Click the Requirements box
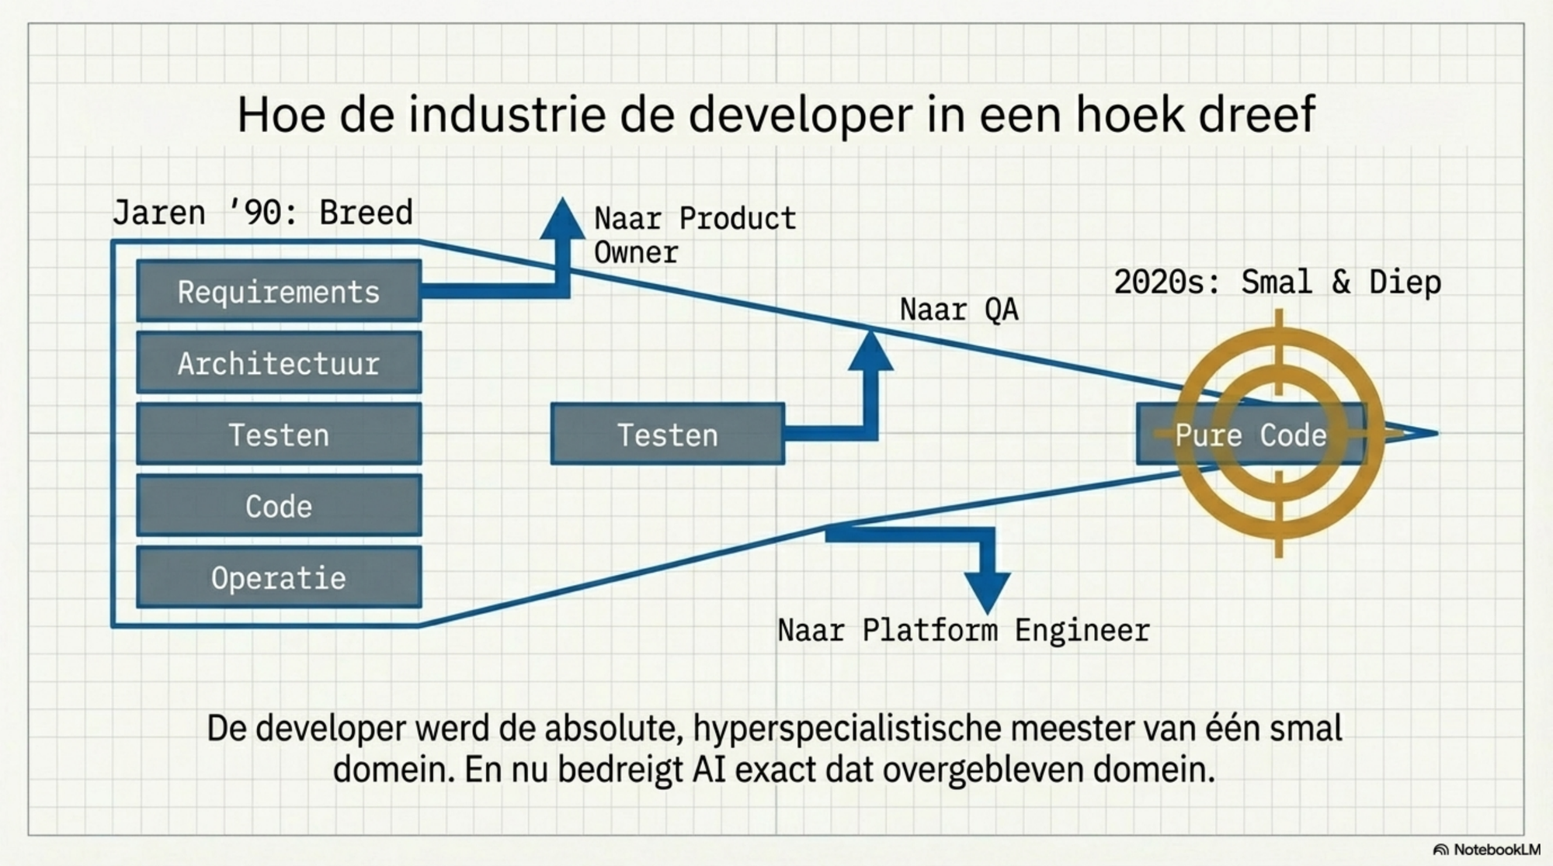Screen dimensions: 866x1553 click(x=279, y=292)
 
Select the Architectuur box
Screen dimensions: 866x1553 click(x=279, y=363)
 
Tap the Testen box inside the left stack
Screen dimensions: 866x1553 click(x=279, y=435)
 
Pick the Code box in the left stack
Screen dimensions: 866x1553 click(x=279, y=506)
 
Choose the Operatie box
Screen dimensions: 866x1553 click(x=279, y=577)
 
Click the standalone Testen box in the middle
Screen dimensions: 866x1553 click(x=667, y=435)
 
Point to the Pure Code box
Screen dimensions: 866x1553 click(x=1250, y=435)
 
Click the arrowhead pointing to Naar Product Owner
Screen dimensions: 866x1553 click(x=562, y=219)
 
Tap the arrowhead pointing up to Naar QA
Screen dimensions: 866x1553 click(x=870, y=352)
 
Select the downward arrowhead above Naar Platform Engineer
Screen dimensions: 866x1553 click(x=987, y=591)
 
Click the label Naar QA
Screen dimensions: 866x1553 click(x=959, y=310)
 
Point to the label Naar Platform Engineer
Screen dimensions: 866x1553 click(x=963, y=630)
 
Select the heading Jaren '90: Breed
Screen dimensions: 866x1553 click(x=262, y=213)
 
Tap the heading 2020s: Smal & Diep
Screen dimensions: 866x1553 click(x=1277, y=282)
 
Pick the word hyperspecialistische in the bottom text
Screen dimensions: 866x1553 click(x=846, y=729)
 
